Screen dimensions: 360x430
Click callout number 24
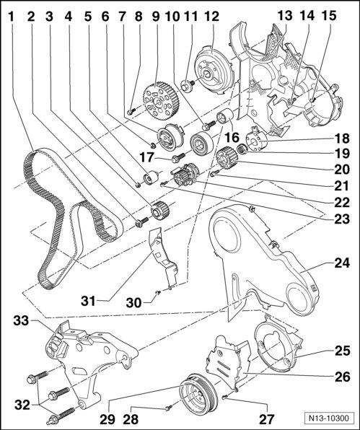pos(342,263)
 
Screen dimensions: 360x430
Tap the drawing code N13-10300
pos(329,418)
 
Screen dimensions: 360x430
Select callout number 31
pos(88,302)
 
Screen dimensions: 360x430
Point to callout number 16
pos(232,137)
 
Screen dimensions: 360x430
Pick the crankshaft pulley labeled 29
pos(198,393)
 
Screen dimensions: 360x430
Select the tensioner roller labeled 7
pos(170,136)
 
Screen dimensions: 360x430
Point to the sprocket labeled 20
pos(227,159)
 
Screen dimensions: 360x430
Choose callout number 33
pos(21,320)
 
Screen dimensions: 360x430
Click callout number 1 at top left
pos(11,17)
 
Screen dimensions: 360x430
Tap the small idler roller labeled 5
pos(152,177)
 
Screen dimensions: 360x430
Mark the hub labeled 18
pos(256,141)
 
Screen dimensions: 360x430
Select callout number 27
pos(266,419)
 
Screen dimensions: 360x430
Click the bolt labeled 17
pos(178,158)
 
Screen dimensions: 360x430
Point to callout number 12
pos(211,17)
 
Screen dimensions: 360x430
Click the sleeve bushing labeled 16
pos(225,116)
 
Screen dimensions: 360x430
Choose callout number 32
pos(22,405)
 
